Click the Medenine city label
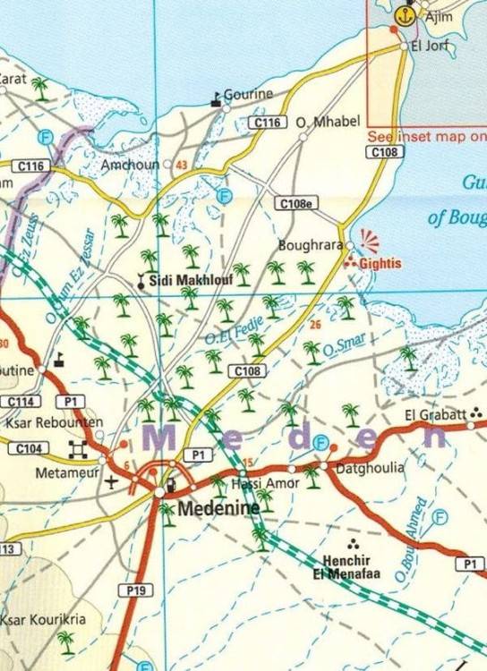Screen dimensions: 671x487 pos(219,508)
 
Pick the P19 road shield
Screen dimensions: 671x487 pos(135,590)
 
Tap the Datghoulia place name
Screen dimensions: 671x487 pos(369,468)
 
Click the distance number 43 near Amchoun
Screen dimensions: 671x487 pos(182,166)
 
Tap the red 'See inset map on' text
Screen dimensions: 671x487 pos(427,137)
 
